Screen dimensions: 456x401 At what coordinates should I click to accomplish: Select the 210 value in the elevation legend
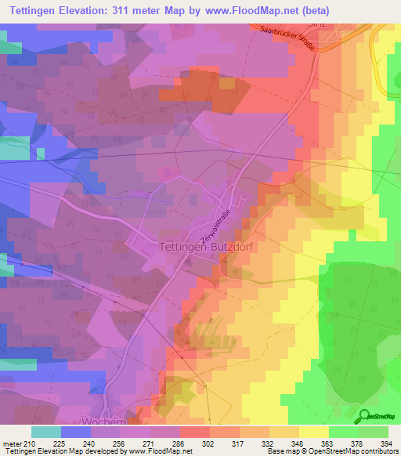tap(30, 443)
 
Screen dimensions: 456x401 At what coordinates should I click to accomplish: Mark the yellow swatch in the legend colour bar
tap(313, 432)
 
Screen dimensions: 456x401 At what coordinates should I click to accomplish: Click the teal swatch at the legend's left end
tap(45, 432)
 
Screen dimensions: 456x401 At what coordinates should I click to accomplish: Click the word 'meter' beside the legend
tap(11, 443)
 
